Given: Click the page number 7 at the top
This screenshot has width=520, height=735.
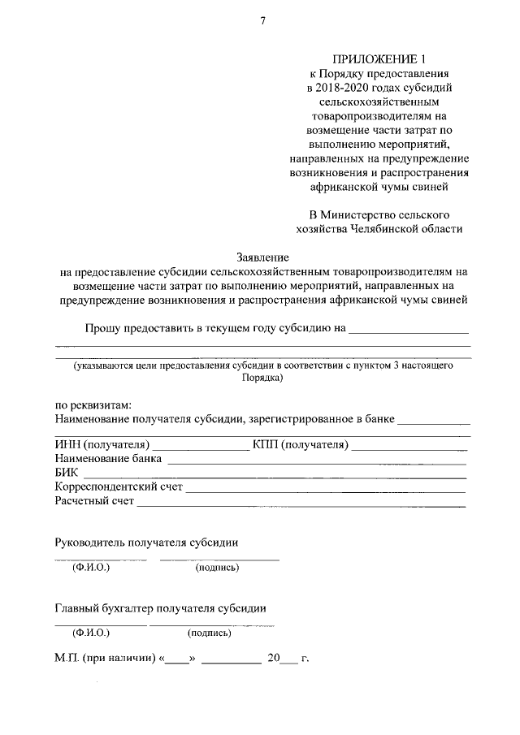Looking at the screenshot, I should click(x=262, y=20).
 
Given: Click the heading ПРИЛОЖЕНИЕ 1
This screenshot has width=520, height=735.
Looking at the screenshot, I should click(x=379, y=58).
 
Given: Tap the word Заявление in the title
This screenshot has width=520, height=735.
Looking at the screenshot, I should click(x=262, y=257).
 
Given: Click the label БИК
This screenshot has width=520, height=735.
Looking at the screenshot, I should click(x=66, y=473).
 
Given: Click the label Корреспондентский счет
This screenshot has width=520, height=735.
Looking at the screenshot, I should click(x=119, y=488).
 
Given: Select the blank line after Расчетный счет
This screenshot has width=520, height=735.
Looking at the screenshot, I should click(x=301, y=505).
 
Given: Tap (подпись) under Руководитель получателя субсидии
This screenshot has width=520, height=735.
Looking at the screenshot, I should click(x=217, y=568).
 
